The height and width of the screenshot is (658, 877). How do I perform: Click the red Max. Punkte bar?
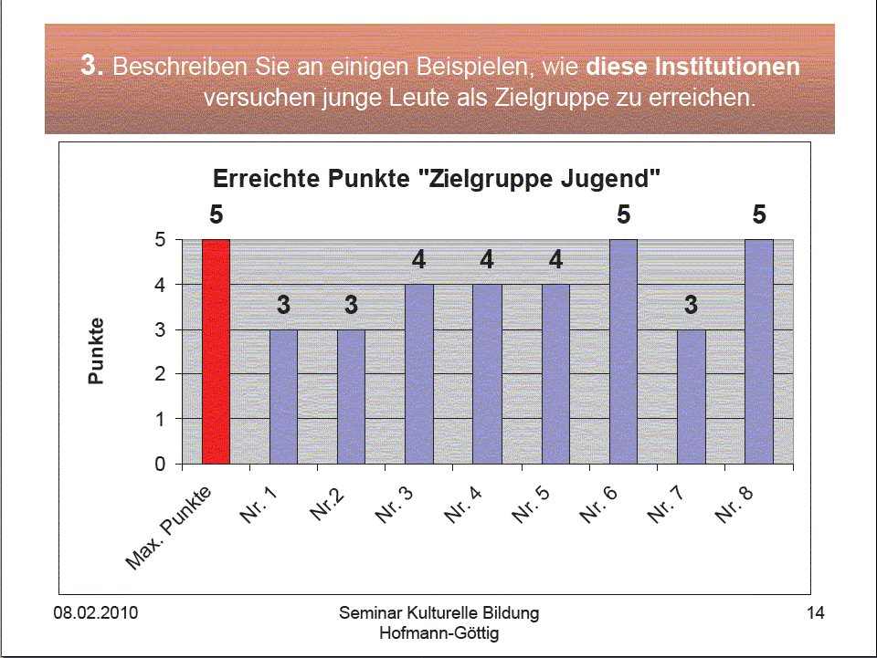216,351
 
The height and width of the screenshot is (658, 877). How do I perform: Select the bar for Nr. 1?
283,396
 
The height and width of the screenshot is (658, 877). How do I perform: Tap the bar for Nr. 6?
623,351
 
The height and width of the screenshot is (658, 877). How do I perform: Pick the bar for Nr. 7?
691,396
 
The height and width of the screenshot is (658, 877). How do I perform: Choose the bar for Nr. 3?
418,374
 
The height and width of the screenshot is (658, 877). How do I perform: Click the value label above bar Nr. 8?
759,215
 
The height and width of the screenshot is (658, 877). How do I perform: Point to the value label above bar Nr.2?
351,305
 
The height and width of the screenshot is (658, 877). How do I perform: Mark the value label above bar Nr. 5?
555,260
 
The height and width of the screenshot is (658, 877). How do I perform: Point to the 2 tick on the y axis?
161,374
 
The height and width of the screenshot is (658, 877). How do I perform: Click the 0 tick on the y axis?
161,464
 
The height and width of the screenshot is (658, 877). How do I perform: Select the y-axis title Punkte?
97,350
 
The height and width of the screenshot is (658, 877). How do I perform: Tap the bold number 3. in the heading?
94,67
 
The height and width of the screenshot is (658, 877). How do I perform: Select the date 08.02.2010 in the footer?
95,612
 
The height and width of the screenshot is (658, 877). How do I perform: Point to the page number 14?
816,612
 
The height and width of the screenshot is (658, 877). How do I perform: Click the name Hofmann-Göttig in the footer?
439,632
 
